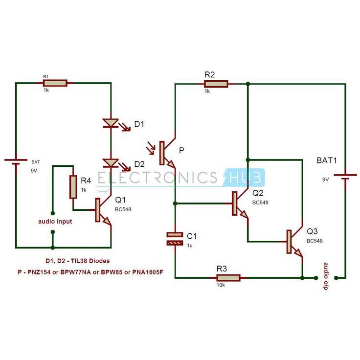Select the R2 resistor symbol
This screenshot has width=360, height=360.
click(x=216, y=84)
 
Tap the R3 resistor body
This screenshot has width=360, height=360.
click(x=228, y=278)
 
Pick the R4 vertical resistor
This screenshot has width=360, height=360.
click(x=73, y=187)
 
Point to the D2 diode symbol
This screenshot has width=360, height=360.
click(x=111, y=162)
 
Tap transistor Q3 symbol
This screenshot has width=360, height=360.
click(x=293, y=242)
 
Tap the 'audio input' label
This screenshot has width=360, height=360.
click(x=55, y=222)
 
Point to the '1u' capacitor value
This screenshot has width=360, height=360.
click(x=190, y=245)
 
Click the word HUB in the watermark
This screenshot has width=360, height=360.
click(x=244, y=177)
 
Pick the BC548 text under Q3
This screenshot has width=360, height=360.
click(x=315, y=241)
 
